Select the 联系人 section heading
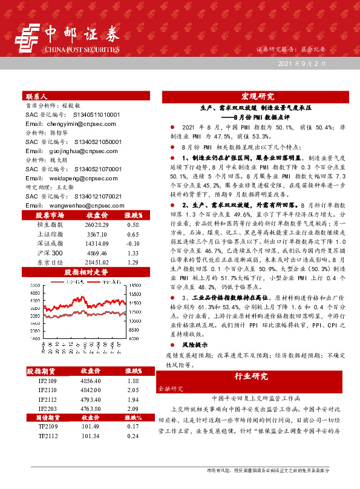click(36, 96)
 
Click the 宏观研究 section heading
click(258, 96)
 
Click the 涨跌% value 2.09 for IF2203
click(133, 409)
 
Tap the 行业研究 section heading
click(251, 376)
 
